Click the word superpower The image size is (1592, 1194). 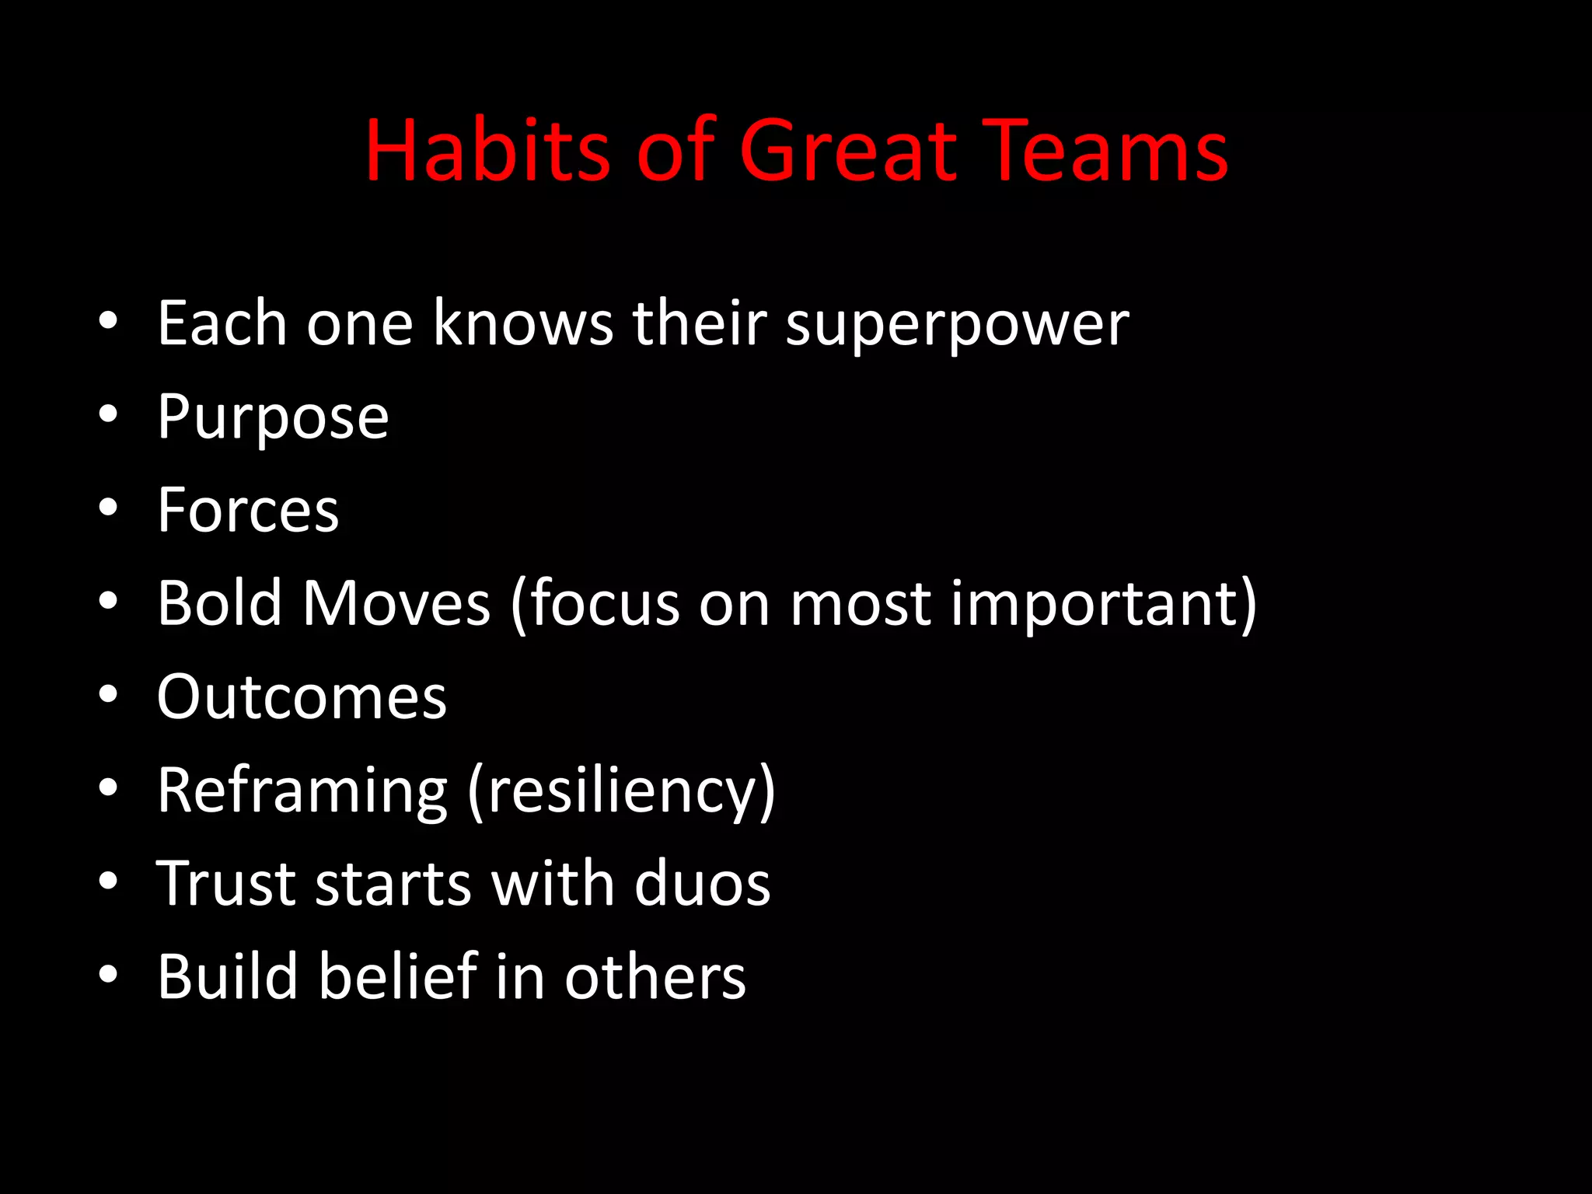point(957,325)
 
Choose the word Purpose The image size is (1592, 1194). point(273,418)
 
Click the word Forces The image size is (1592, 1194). point(248,510)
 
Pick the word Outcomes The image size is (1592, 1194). point(302,696)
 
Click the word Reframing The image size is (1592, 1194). point(302,791)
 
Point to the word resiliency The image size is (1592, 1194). point(620,791)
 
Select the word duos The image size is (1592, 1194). point(701,883)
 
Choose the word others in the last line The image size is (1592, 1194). point(655,977)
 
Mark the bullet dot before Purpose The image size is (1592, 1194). point(108,414)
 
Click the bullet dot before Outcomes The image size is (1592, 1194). point(108,693)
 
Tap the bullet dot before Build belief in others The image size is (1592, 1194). point(108,973)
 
